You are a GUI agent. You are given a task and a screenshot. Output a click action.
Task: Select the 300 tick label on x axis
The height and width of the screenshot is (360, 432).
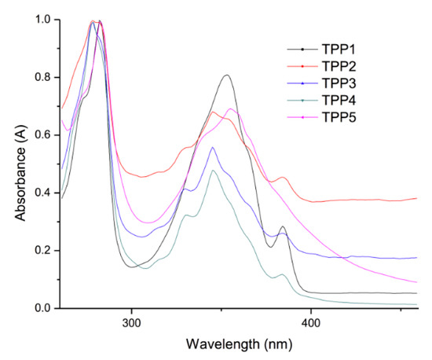point(131,321)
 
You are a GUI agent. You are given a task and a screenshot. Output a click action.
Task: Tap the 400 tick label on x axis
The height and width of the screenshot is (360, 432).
point(310,321)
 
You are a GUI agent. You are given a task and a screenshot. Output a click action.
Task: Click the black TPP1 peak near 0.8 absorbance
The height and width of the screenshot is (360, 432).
point(226,75)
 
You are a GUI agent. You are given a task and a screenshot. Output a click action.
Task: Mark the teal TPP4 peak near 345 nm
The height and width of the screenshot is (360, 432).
point(212,171)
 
